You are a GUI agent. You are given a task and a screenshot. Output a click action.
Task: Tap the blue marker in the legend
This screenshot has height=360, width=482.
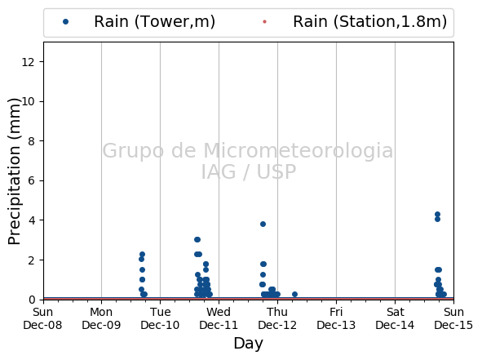[x=65, y=21]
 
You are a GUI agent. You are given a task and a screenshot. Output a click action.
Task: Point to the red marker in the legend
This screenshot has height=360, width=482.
[x=265, y=21]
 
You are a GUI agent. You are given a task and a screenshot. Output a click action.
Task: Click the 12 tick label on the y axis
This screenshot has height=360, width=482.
[x=28, y=62]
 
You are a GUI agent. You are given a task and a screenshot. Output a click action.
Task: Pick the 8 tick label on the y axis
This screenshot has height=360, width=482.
[x=31, y=141]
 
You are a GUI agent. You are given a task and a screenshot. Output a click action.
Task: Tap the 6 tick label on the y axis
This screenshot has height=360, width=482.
[x=31, y=181]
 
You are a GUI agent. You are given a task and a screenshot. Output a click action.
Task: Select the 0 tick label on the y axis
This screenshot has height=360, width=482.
[x=31, y=300]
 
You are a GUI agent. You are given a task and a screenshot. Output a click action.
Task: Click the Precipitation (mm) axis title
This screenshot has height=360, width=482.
[x=14, y=171]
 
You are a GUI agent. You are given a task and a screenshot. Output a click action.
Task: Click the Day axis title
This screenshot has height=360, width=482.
[x=249, y=344]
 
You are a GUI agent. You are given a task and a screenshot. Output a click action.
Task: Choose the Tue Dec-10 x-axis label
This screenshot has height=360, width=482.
[x=160, y=318]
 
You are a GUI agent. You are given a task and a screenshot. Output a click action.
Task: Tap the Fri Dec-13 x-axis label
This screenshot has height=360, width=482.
[x=336, y=318]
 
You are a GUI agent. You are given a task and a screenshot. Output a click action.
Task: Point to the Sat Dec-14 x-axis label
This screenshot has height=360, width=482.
[x=395, y=318]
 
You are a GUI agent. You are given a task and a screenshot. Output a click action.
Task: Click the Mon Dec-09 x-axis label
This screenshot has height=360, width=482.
[x=101, y=318]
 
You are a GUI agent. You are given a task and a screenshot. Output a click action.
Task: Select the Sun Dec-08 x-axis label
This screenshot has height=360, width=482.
[x=42, y=318]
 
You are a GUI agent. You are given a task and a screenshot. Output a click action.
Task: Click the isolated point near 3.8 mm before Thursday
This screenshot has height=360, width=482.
[x=263, y=224]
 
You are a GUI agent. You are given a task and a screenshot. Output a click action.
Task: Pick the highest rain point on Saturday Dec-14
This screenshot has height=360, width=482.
[x=437, y=214]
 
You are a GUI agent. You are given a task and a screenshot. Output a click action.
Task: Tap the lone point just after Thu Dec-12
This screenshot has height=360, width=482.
[x=294, y=294]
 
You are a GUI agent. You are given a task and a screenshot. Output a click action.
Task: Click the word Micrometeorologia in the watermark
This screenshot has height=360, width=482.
[x=298, y=151]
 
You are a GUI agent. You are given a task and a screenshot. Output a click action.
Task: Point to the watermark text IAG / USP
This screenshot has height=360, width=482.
[x=249, y=171]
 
